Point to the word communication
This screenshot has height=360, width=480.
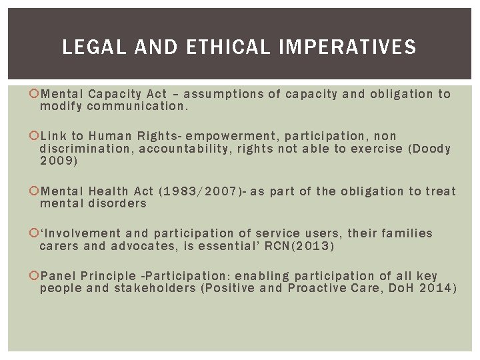point(135,107)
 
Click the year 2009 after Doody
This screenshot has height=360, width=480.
point(59,161)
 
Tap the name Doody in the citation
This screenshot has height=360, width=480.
point(431,149)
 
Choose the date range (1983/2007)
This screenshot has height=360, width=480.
point(199,191)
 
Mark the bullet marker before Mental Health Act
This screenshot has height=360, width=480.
point(35,191)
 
